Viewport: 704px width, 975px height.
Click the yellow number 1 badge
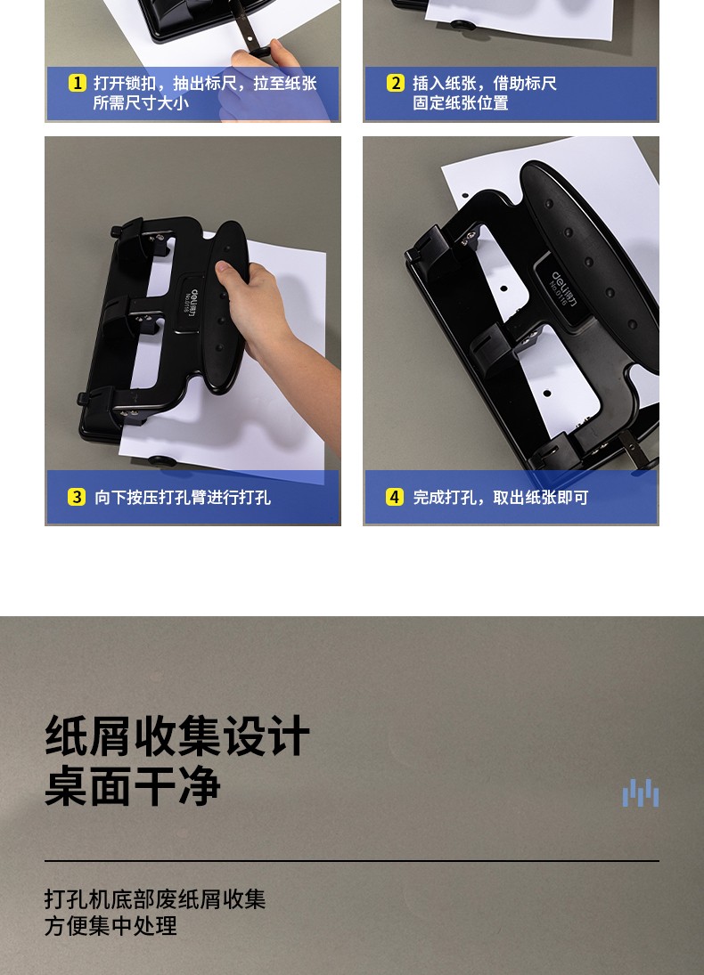click(x=78, y=83)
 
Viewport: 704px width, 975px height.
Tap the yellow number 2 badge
click(x=396, y=83)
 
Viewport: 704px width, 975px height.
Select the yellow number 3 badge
click(x=77, y=497)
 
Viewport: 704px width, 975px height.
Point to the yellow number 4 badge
click(x=395, y=497)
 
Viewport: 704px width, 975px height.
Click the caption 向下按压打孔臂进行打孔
click(x=183, y=498)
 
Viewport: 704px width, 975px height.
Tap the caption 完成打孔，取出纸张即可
click(x=501, y=498)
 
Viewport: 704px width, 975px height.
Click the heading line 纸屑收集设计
click(x=177, y=735)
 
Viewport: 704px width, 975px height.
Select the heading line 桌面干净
click(x=133, y=786)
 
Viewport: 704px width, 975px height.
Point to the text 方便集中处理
click(x=111, y=926)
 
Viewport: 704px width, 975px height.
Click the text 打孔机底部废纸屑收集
click(x=155, y=899)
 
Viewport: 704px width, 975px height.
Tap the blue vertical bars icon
click(x=641, y=792)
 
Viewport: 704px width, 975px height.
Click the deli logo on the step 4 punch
click(x=562, y=288)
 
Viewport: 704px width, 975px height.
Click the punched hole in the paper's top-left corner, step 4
click(x=465, y=196)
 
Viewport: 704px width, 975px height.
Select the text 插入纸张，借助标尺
click(x=484, y=83)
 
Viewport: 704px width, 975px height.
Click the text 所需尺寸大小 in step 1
click(x=142, y=102)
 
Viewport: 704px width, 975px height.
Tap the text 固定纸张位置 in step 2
click(x=461, y=102)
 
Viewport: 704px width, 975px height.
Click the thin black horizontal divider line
click(x=352, y=861)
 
